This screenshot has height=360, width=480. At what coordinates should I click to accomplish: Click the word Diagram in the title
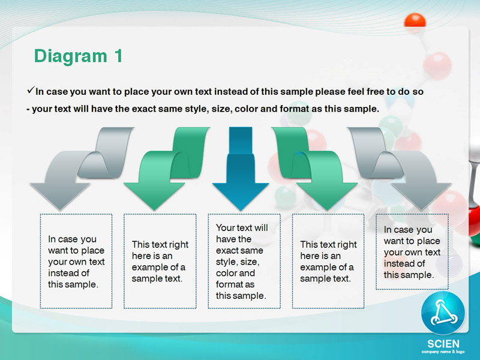(71, 56)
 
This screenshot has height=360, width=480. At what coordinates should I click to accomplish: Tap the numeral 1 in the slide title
(118, 56)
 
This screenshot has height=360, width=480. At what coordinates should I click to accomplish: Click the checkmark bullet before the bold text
(31, 90)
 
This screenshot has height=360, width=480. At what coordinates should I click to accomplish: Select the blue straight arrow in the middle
(241, 169)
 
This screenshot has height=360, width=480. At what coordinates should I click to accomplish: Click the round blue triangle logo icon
(443, 313)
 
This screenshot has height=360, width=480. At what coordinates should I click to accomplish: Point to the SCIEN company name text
(443, 344)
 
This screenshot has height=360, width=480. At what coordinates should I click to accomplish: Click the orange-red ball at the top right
(415, 21)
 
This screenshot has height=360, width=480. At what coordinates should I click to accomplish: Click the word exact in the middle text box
(226, 250)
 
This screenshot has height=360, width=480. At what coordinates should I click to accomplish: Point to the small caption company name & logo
(443, 352)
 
